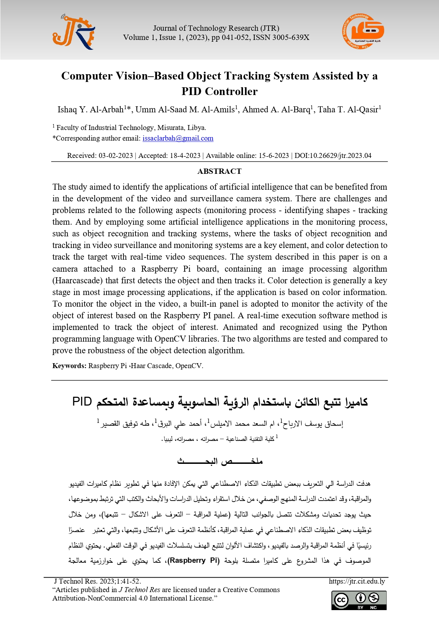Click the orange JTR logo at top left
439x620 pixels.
[74, 32]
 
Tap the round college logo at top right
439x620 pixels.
[363, 32]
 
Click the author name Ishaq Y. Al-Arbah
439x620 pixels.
[91, 110]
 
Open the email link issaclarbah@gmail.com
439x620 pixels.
[178, 138]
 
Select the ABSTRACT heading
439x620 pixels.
[219, 171]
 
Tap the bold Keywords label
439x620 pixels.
[69, 366]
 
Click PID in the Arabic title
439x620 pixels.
[82, 402]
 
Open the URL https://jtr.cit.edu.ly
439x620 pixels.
[357, 581]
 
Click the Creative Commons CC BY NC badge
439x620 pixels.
[359, 600]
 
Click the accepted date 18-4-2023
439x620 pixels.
[185, 156]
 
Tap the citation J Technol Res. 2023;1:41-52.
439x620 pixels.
[97, 581]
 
